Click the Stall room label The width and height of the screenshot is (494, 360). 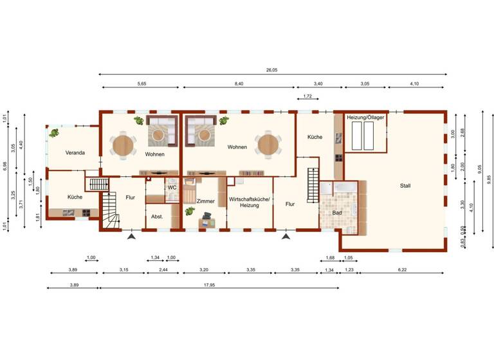point(405,186)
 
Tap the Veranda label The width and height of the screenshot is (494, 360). point(76,152)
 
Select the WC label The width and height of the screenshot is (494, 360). point(172,188)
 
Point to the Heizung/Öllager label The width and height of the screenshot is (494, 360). point(365,118)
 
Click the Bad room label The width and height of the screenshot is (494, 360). point(337,213)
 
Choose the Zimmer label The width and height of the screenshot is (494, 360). point(205,201)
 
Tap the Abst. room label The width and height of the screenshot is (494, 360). point(157,217)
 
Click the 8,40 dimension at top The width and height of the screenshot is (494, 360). point(239,84)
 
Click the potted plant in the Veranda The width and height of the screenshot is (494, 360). point(55,133)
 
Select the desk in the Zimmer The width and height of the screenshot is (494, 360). point(209,222)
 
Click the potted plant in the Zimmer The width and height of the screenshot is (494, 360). point(189,211)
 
